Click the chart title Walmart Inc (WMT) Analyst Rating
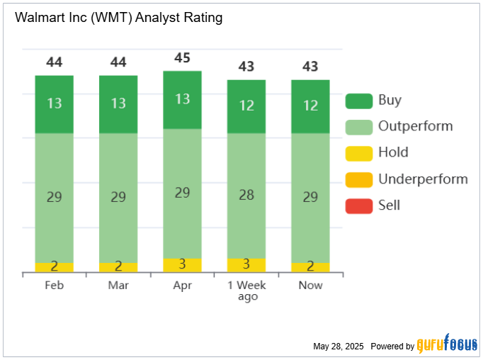pyautogui.click(x=118, y=18)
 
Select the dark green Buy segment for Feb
pyautogui.click(x=55, y=103)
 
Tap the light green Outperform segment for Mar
pyautogui.click(x=118, y=197)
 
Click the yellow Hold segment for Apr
pyautogui.click(x=183, y=265)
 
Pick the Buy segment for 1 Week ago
pyautogui.click(x=246, y=106)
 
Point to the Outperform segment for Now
pyautogui.click(x=310, y=197)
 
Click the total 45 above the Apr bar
pyautogui.click(x=183, y=58)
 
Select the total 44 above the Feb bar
pyautogui.click(x=55, y=62)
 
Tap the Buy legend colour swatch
pyautogui.click(x=358, y=101)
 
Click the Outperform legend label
pyautogui.click(x=415, y=127)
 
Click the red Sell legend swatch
pyautogui.click(x=358, y=206)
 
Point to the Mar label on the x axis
pyautogui.click(x=118, y=285)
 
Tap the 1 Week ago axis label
pyautogui.click(x=246, y=291)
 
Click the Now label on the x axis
pyautogui.click(x=310, y=285)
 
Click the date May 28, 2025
pyautogui.click(x=338, y=347)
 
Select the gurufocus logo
pyautogui.click(x=447, y=344)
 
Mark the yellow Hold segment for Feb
pyautogui.click(x=55, y=267)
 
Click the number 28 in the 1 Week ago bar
pyautogui.click(x=246, y=195)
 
